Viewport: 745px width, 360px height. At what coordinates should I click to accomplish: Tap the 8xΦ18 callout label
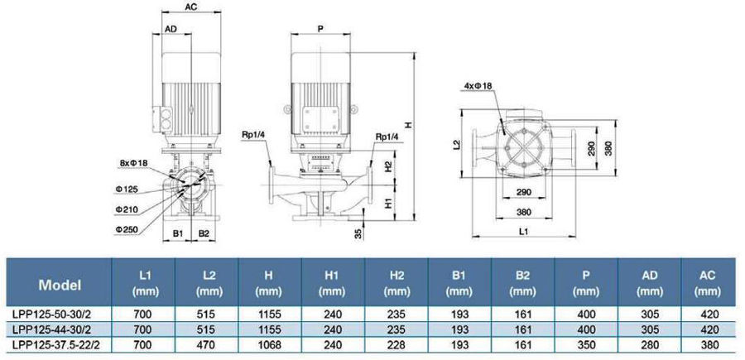click(134, 163)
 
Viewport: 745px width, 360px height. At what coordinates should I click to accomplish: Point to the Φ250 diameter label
click(126, 229)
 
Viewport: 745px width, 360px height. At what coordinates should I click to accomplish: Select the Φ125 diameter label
click(126, 189)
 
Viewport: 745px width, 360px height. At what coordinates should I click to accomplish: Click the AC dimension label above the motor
click(191, 7)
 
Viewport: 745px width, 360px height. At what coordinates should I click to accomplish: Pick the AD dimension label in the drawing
click(171, 29)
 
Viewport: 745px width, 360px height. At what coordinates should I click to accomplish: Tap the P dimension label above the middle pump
click(320, 29)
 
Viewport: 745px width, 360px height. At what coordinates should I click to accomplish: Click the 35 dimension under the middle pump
click(358, 233)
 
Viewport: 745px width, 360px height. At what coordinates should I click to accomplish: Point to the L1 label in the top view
click(523, 231)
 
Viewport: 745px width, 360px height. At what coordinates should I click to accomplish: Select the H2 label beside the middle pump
click(388, 166)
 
